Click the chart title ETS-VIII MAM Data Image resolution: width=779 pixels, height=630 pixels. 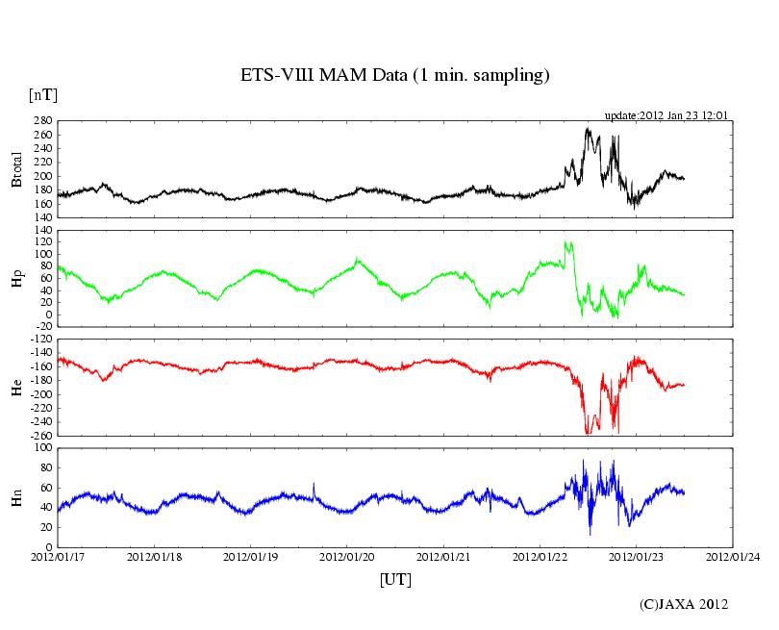(394, 75)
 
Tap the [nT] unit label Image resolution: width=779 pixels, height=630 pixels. (42, 95)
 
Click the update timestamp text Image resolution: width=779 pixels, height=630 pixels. (666, 115)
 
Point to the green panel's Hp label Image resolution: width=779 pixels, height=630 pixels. (16, 278)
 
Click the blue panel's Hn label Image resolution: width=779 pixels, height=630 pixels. (16, 497)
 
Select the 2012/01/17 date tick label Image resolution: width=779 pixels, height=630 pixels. (58, 556)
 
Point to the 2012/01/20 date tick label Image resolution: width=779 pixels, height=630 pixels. (347, 556)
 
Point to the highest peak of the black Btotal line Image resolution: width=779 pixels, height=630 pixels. (588, 129)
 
